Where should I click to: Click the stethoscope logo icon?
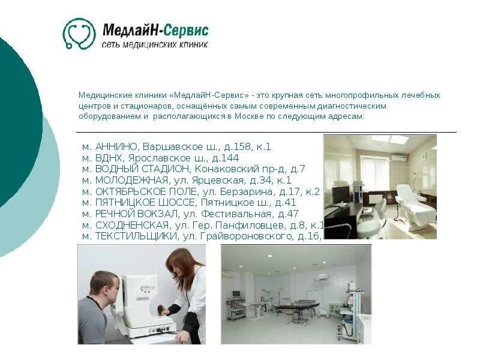click(79, 34)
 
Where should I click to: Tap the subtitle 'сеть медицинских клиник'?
click(155, 45)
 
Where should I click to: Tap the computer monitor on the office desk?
click(341, 194)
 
